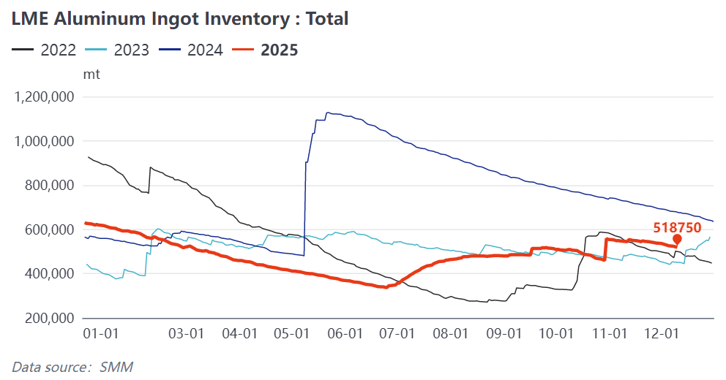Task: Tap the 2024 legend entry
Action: pyautogui.click(x=202, y=50)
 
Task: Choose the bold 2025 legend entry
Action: pyautogui.click(x=279, y=50)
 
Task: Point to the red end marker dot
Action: pyautogui.click(x=677, y=239)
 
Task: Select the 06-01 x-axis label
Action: pyautogui.click(x=345, y=333)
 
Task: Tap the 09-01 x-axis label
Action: pyautogui.click(x=504, y=333)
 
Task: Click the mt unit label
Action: pyautogui.click(x=93, y=74)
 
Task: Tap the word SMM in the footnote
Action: pyautogui.click(x=116, y=366)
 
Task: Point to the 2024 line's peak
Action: pyautogui.click(x=328, y=113)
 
